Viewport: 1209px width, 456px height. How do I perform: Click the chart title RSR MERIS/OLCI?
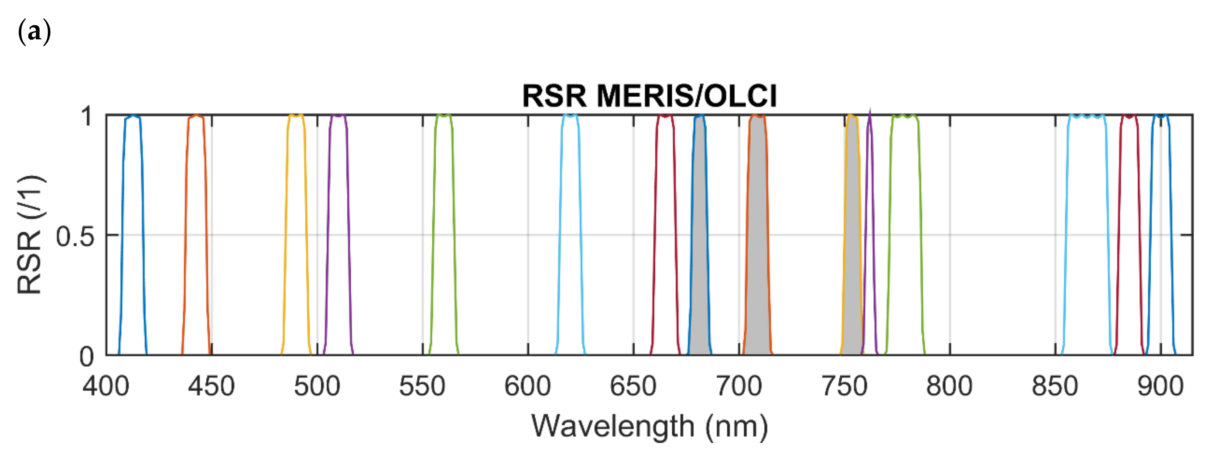pyautogui.click(x=649, y=96)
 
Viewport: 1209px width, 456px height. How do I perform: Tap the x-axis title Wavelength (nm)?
pyautogui.click(x=649, y=426)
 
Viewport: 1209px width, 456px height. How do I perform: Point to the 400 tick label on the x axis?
pyautogui.click(x=106, y=386)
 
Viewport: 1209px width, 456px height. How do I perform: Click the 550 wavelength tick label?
pyautogui.click(x=422, y=386)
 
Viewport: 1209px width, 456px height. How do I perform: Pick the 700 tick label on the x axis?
pyautogui.click(x=739, y=386)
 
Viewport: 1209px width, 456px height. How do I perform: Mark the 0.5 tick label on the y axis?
pyautogui.click(x=75, y=236)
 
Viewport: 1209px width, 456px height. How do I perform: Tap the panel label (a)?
pyautogui.click(x=34, y=32)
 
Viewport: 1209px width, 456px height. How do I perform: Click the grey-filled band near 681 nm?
pyautogui.click(x=699, y=235)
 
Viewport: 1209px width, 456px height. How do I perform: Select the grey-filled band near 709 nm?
pyautogui.click(x=757, y=235)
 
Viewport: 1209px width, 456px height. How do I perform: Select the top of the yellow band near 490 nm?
pyautogui.click(x=296, y=115)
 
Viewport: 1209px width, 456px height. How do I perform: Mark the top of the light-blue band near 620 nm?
pyautogui.click(x=570, y=115)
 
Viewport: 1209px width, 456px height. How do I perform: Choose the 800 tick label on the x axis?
pyautogui.click(x=949, y=386)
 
